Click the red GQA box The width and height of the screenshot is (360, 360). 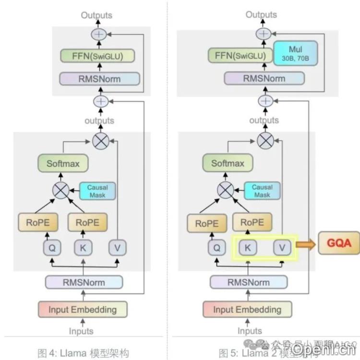[339, 243]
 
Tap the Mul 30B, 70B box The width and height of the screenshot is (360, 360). [295, 53]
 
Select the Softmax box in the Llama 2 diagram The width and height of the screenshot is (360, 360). [228, 163]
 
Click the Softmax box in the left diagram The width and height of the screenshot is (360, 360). [63, 163]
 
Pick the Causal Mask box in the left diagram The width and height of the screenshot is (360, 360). [97, 191]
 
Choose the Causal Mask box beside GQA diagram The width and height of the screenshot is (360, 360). [262, 191]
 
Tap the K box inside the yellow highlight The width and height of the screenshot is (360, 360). [248, 248]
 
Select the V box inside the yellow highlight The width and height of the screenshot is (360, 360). [282, 248]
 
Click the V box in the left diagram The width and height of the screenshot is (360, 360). [117, 248]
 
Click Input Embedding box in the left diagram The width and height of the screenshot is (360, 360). [83, 310]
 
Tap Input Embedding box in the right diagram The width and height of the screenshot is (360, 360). [247, 310]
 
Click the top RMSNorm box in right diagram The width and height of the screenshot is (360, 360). [264, 78]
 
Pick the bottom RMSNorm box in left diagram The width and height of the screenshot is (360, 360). [84, 282]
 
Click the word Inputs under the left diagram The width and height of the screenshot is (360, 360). [82, 331]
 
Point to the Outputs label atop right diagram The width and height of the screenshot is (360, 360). [261, 14]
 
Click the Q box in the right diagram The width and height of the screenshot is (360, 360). [216, 248]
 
